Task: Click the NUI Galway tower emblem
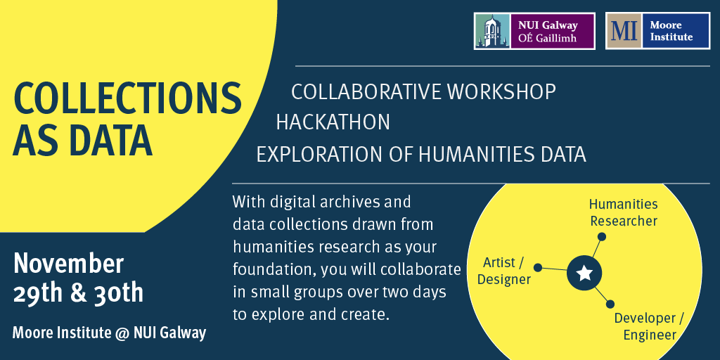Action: click(491, 31)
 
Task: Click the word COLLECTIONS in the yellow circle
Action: click(128, 98)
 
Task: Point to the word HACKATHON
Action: click(333, 122)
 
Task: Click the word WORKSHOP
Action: click(502, 92)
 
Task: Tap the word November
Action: click(69, 264)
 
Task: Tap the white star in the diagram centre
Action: click(584, 274)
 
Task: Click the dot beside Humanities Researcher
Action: click(602, 236)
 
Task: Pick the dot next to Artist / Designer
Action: click(538, 268)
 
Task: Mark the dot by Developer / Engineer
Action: click(610, 304)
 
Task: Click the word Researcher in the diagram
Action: click(624, 221)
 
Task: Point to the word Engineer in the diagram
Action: click(650, 335)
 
